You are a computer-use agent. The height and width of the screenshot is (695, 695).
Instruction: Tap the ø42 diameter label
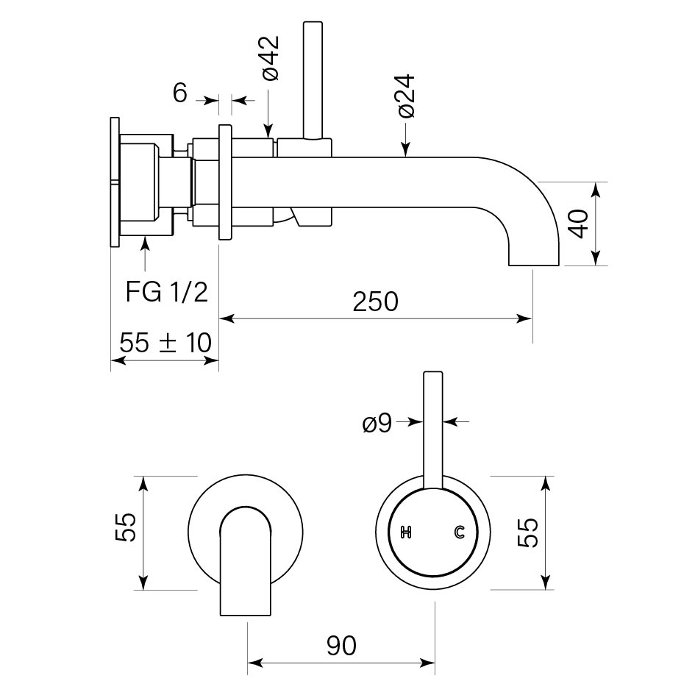(x=269, y=57)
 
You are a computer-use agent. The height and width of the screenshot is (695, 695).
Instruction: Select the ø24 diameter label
(x=407, y=95)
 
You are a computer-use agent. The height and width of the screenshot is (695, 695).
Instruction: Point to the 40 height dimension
(x=580, y=223)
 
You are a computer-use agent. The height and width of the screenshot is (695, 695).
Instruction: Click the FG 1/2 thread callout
(x=166, y=292)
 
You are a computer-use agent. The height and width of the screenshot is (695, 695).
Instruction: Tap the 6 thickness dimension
(x=179, y=93)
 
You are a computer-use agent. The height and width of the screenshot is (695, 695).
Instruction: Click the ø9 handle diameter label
(x=377, y=424)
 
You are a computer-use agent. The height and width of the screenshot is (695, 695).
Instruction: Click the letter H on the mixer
(x=404, y=532)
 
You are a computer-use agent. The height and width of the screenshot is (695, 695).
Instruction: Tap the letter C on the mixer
(x=460, y=532)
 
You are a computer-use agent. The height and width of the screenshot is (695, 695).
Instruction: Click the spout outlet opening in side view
(x=535, y=264)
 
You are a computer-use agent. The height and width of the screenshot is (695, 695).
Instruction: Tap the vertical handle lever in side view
(x=312, y=77)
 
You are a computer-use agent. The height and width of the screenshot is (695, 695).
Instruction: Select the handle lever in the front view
(x=432, y=427)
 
